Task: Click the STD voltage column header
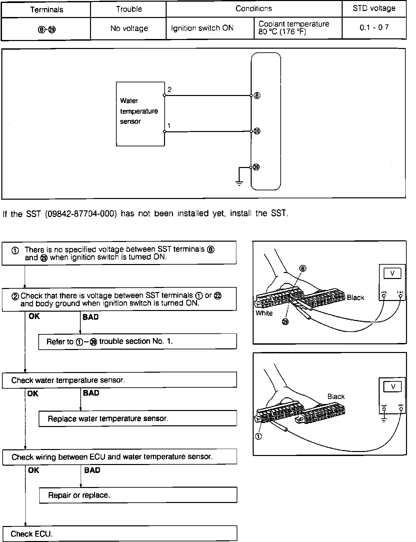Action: (x=374, y=8)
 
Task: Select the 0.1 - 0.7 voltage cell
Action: (x=374, y=28)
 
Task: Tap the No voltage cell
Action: (x=129, y=29)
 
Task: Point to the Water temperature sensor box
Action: (x=140, y=114)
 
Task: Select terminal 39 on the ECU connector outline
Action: (x=256, y=167)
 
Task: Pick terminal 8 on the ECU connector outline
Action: (x=257, y=96)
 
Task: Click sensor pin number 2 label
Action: (x=170, y=90)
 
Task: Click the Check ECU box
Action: (x=120, y=534)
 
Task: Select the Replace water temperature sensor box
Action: (x=138, y=419)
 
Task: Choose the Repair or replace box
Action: (x=138, y=495)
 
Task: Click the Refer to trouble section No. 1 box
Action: (x=137, y=342)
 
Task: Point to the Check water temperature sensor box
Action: (x=119, y=380)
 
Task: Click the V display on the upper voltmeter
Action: (x=392, y=274)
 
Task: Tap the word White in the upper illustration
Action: (x=264, y=313)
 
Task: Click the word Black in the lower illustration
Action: (x=336, y=397)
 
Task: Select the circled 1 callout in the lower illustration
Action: (x=259, y=436)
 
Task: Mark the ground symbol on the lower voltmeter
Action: (x=384, y=420)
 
